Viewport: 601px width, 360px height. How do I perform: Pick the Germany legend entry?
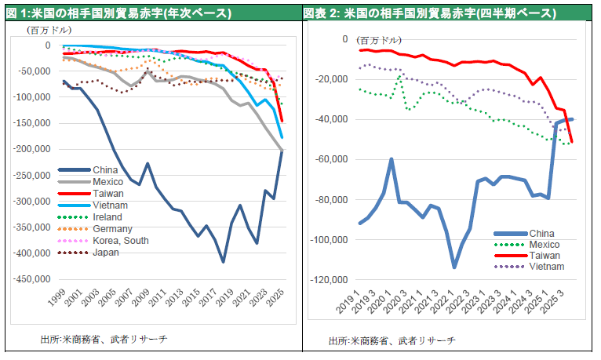click(x=112, y=228)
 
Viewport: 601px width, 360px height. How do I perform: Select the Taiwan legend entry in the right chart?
click(x=545, y=256)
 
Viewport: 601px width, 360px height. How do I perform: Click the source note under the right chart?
click(x=392, y=340)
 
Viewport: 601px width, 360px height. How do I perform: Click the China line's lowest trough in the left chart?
click(x=223, y=262)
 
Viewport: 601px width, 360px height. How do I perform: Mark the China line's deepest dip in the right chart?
click(x=454, y=267)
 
